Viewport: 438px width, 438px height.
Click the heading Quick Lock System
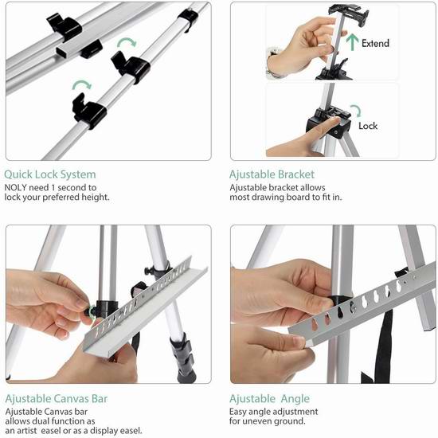click(50, 174)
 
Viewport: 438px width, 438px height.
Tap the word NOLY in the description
click(15, 187)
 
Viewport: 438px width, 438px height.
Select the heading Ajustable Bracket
click(272, 174)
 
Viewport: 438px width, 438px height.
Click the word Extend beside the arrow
click(375, 43)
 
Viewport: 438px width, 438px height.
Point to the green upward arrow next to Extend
click(352, 42)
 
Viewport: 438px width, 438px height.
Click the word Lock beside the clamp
click(368, 126)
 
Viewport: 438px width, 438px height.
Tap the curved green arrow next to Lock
click(356, 111)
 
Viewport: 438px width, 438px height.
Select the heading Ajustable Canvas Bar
click(57, 399)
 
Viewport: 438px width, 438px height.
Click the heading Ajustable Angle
click(269, 399)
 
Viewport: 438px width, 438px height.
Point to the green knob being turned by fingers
click(91, 311)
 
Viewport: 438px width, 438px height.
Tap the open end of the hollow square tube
click(62, 53)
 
